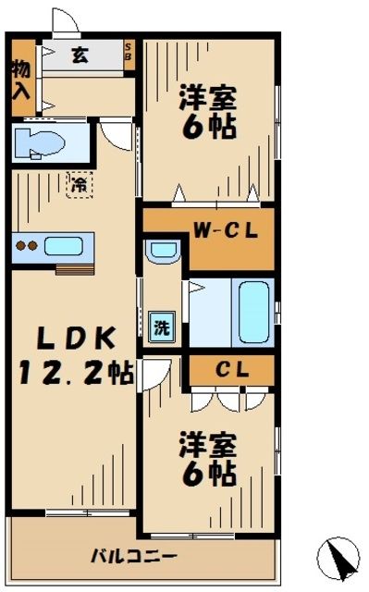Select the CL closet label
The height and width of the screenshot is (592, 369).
(231, 369)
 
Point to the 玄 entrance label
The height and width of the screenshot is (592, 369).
(80, 55)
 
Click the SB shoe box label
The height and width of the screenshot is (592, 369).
(129, 54)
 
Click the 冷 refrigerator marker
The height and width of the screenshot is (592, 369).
(81, 184)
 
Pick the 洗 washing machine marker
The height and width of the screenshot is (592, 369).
(161, 326)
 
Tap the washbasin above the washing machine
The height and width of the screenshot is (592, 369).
(164, 250)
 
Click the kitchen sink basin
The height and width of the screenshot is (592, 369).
(64, 247)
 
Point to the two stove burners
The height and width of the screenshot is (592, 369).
(27, 247)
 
